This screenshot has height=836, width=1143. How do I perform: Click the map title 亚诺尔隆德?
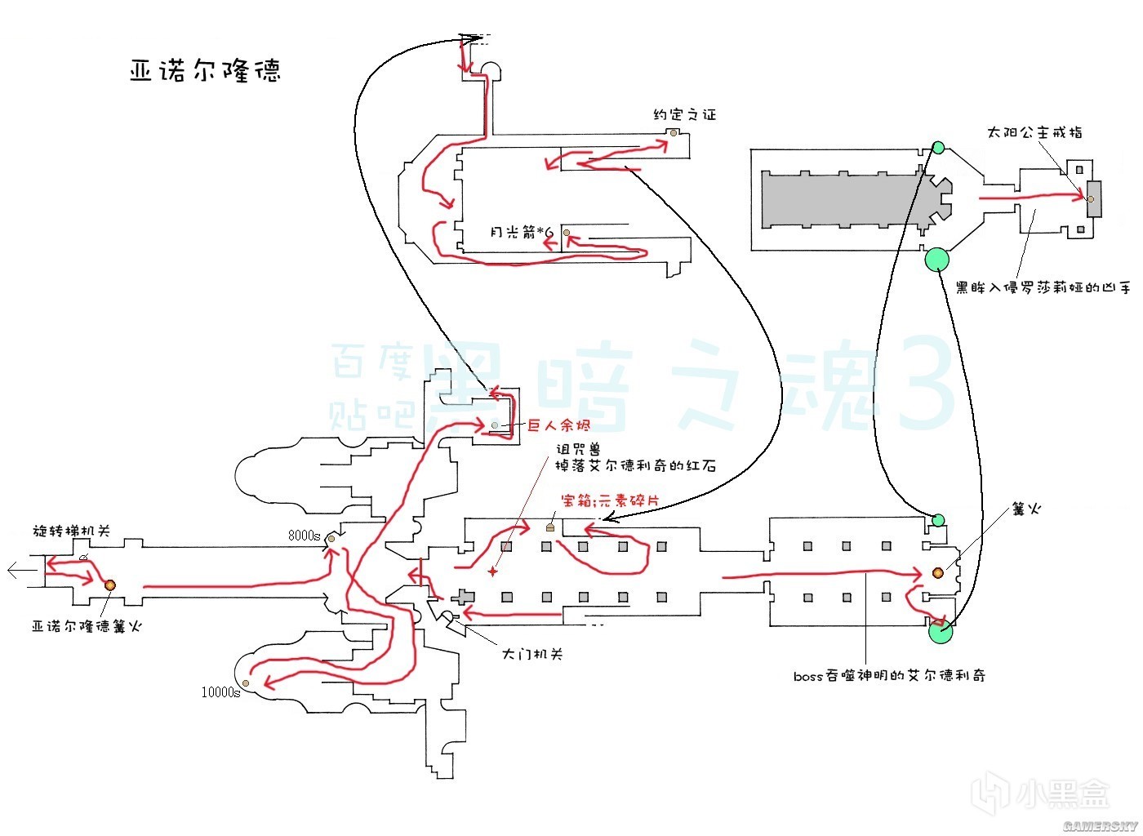point(205,71)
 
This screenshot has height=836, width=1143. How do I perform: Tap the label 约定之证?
point(684,115)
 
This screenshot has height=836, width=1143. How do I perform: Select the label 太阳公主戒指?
point(1034,132)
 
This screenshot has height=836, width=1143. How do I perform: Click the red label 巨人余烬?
point(558,425)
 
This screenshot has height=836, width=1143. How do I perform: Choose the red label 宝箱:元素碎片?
point(610,500)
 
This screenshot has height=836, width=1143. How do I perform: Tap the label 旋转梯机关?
point(71,531)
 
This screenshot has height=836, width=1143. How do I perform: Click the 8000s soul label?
point(304,536)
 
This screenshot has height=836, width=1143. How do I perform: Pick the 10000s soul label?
point(220,692)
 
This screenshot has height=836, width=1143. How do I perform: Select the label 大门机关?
point(531,654)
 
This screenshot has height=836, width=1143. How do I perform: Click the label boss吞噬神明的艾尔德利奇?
point(889,676)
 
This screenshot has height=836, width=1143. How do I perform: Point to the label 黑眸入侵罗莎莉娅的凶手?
point(1043,287)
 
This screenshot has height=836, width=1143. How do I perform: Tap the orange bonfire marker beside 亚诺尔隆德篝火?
point(109,585)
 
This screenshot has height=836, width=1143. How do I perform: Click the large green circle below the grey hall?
point(936,260)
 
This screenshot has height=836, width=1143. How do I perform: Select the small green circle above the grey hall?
point(938,148)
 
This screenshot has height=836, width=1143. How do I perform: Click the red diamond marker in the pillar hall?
point(492,571)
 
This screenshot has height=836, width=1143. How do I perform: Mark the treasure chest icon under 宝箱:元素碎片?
point(550,527)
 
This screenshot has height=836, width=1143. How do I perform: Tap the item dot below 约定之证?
point(674,132)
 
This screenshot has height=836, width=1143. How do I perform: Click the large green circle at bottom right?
point(941,631)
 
